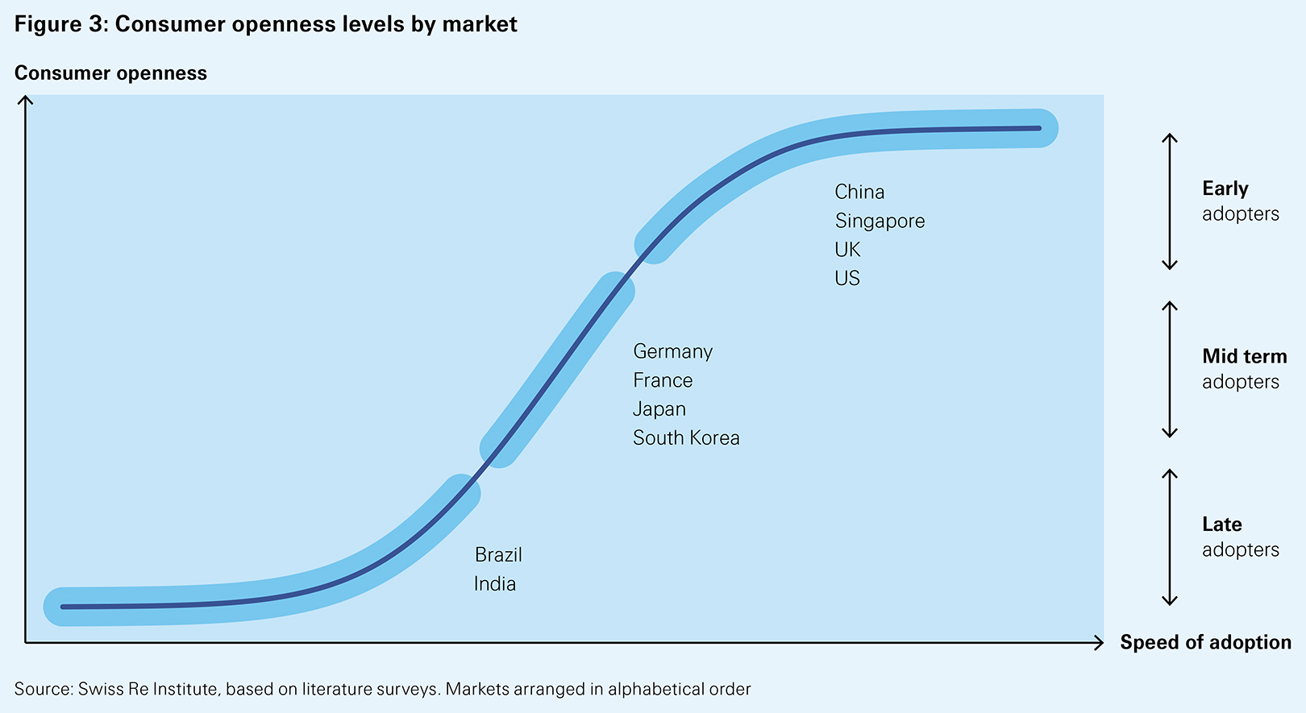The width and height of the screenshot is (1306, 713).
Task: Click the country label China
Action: point(859,192)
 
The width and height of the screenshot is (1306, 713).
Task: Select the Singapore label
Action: point(880,221)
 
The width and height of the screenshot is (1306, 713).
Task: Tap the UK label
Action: point(847,250)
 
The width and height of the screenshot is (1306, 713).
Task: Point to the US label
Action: point(847,278)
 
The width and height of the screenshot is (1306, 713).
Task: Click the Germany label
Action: point(672,352)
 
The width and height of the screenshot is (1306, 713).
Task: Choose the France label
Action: point(663,380)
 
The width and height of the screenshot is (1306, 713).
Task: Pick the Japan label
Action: point(659,409)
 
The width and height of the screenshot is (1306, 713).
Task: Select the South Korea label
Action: point(686,438)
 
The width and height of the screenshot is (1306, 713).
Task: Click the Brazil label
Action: point(498,555)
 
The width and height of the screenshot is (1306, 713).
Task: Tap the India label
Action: point(494,584)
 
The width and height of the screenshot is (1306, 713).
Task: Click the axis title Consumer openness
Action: point(110,73)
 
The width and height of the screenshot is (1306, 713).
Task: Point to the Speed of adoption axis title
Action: point(1205,642)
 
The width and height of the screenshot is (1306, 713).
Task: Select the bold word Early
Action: point(1225,189)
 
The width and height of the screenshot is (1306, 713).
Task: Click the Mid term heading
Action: point(1244,356)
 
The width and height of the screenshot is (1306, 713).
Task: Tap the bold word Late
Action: point(1221,524)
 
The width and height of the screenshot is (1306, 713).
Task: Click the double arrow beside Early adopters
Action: point(1170,201)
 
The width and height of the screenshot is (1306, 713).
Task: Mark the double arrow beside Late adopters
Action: point(1170,537)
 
